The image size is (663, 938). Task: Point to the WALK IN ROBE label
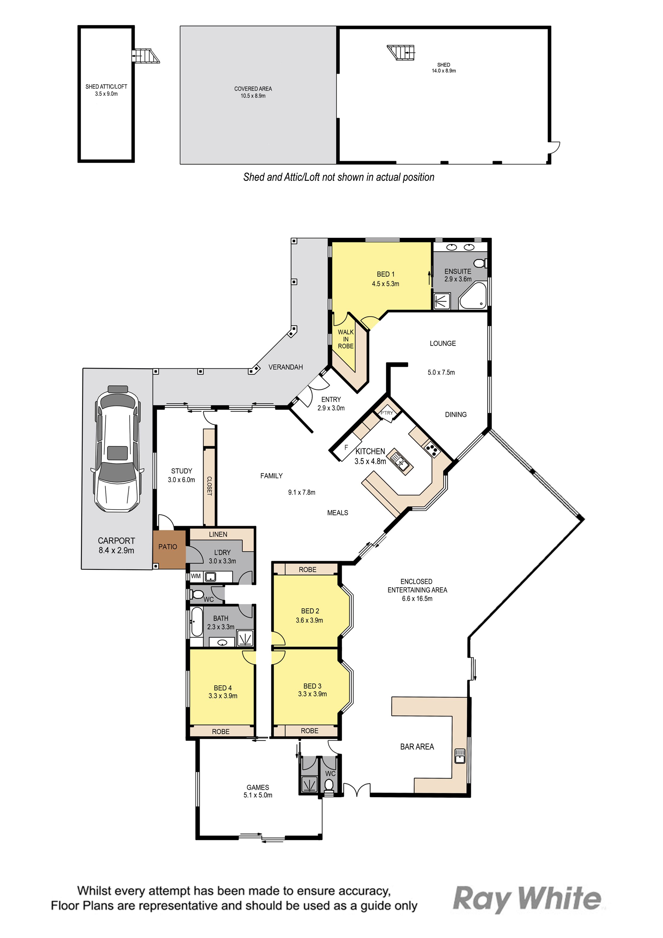[x=346, y=339]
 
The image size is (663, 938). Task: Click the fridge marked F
[x=346, y=448]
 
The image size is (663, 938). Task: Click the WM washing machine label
[x=196, y=576]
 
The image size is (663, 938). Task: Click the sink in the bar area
[x=460, y=756]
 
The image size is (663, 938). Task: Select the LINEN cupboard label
[x=218, y=534]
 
